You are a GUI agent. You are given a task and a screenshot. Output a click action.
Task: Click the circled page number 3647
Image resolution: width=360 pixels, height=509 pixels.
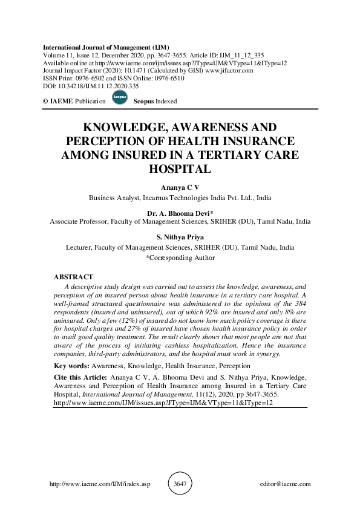pos(180,484)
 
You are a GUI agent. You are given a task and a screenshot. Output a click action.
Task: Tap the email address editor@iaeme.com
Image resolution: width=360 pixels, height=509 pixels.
pos(284,484)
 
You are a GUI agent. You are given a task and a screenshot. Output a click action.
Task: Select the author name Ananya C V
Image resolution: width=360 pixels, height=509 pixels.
pos(180,188)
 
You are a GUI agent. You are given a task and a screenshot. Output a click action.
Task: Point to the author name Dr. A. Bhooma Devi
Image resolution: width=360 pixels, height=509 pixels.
pos(180,213)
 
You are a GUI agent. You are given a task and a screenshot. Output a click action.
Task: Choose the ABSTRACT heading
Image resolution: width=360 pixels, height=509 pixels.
pos(73,277)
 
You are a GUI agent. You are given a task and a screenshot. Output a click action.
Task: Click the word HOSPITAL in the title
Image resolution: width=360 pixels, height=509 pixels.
pos(180,169)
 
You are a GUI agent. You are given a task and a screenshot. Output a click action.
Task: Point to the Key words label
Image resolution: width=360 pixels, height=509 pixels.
pos(72,366)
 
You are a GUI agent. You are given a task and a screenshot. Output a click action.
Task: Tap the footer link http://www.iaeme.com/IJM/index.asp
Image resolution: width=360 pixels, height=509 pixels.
pos(99,484)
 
